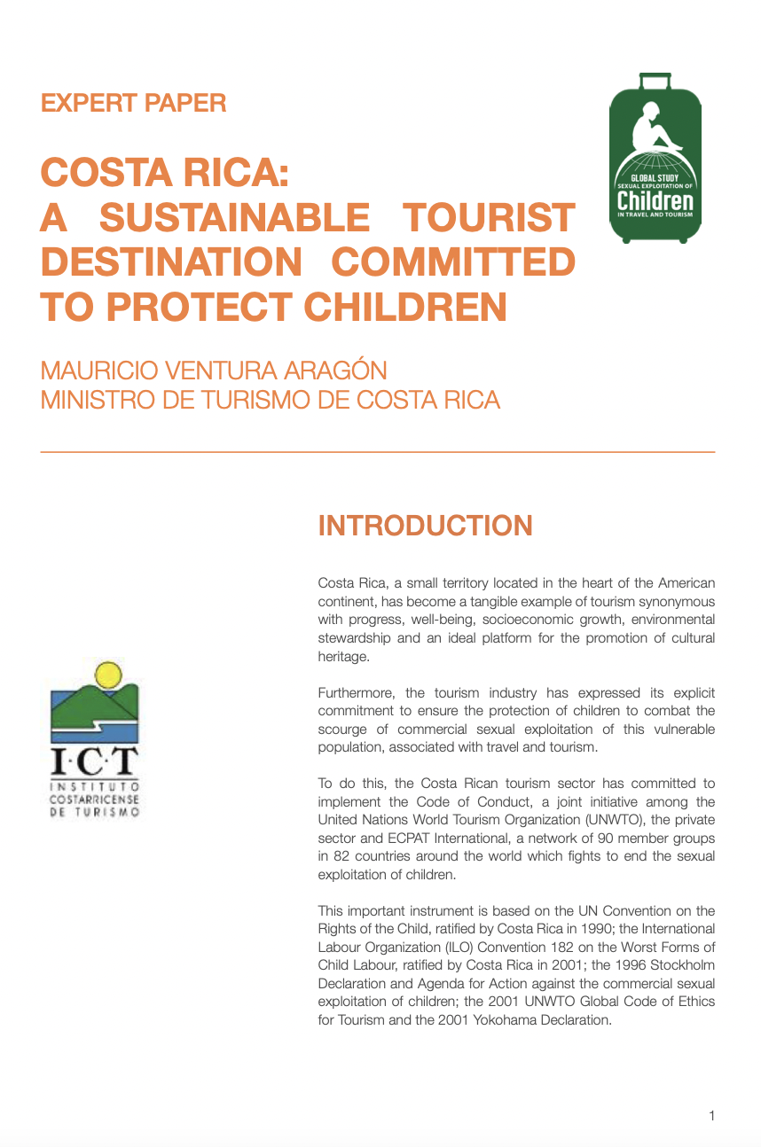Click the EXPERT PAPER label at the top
click(134, 103)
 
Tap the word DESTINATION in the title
click(171, 262)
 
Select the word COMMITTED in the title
click(453, 262)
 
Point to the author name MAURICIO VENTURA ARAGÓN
click(214, 370)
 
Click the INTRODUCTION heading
click(425, 526)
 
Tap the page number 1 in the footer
click(711, 1116)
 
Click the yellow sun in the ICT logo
click(107, 675)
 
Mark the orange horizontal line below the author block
click(378, 453)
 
